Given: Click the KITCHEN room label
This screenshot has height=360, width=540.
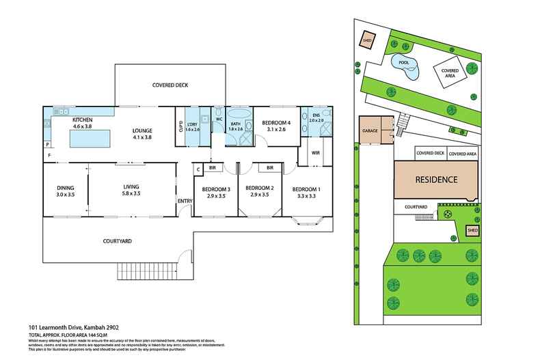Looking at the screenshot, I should pos(83,120).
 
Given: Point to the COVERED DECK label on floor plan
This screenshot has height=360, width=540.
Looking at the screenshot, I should pos(170,85).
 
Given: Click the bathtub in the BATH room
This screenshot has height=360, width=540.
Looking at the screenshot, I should pos(239,117).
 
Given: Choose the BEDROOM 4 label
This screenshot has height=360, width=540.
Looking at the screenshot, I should pos(276,123).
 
